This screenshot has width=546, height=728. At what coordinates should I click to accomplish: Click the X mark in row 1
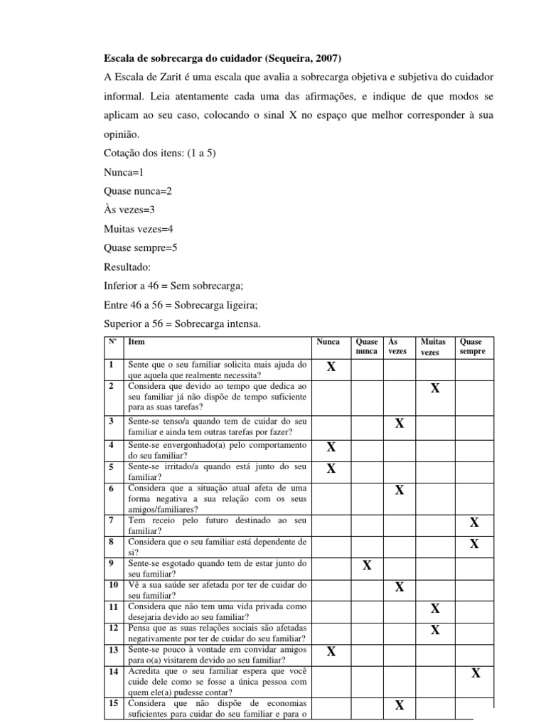331,367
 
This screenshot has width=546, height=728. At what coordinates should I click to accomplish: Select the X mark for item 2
435,388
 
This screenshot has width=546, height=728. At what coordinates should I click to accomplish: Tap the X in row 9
367,566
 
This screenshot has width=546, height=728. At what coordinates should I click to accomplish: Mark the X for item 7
474,523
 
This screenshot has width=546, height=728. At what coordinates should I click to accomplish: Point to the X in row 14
476,673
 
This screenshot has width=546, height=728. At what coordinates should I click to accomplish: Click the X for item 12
435,630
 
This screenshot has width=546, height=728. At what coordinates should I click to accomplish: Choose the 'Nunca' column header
328,342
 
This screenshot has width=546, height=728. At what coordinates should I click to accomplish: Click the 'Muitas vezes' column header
433,347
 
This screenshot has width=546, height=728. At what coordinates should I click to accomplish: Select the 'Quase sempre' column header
473,347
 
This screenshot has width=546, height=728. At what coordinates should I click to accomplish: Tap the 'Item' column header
136,342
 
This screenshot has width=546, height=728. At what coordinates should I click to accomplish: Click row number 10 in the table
113,585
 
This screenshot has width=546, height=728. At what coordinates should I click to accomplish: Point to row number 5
112,467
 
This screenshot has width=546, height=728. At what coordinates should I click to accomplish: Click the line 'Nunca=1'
124,171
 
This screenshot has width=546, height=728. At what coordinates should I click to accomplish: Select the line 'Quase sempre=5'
140,248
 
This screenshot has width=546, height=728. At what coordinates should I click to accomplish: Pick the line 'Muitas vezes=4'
139,229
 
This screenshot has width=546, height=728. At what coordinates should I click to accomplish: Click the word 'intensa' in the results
242,325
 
